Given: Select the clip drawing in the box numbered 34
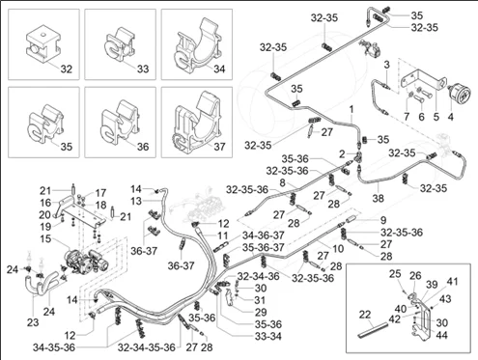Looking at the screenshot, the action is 197,43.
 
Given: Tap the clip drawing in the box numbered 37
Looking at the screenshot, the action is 197,123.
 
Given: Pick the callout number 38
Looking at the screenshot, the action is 379,198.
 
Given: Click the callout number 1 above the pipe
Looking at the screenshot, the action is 351,109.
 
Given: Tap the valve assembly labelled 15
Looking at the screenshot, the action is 85,260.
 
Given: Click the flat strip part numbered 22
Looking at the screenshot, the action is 373,330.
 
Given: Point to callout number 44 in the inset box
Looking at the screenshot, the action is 441,335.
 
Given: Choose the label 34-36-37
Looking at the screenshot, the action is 264,235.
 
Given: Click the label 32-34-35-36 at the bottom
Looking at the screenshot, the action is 147,347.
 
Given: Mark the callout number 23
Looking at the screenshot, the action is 33,322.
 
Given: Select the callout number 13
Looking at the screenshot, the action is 136,201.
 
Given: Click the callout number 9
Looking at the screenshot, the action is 383,220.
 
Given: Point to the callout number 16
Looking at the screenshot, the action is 45,203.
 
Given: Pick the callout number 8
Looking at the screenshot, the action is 282,183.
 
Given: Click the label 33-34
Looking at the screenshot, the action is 268,337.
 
